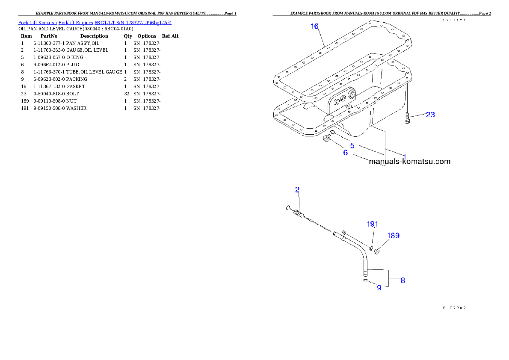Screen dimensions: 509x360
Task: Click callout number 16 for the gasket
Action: [x=314, y=27]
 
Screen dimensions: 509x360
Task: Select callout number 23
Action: [x=430, y=115]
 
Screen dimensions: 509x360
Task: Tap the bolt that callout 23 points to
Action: [x=407, y=118]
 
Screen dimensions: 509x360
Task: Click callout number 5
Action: [x=352, y=145]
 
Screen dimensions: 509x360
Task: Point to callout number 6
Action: [x=346, y=152]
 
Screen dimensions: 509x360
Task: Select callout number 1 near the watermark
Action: [x=404, y=156]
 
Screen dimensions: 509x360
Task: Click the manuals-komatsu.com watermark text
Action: [x=410, y=162]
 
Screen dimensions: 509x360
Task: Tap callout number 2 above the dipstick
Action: [x=297, y=189]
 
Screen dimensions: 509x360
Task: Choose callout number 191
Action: [x=373, y=224]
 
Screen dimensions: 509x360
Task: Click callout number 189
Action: [x=393, y=236]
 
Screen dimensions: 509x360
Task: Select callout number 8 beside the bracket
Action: [x=402, y=280]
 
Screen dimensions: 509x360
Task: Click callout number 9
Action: [x=379, y=288]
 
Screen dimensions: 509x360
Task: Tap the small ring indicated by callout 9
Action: [x=365, y=280]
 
